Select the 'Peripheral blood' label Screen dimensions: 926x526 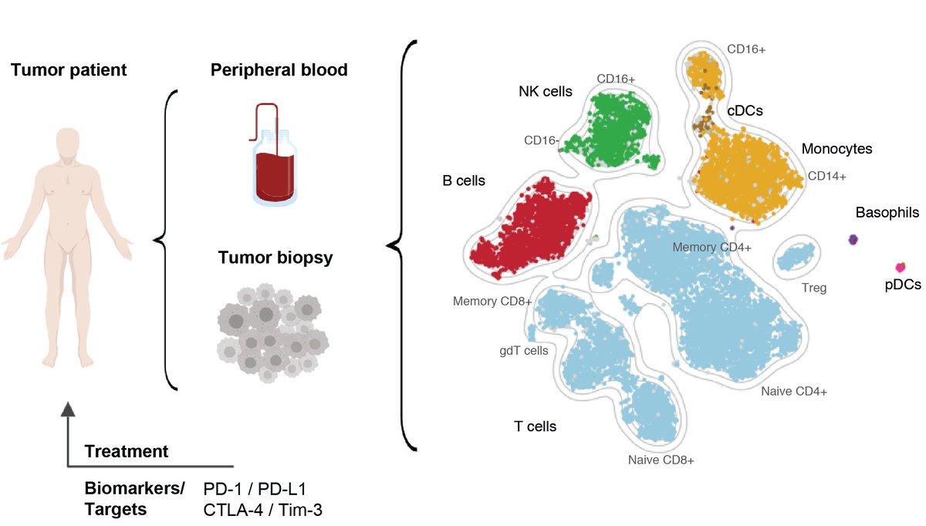[x=279, y=70]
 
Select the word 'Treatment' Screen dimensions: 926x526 [x=127, y=451]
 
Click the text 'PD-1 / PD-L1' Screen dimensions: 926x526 [x=255, y=489]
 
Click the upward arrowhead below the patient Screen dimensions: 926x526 [x=69, y=410]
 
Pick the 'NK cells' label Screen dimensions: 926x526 [x=545, y=92]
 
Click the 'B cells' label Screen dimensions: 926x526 [x=464, y=181]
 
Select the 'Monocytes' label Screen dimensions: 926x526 [x=836, y=149]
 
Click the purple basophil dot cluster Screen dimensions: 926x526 [x=853, y=240]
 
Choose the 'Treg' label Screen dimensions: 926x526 [x=813, y=288]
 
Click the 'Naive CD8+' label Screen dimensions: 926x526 [x=661, y=460]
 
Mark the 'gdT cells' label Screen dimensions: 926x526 [x=524, y=351]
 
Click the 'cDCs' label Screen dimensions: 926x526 [x=745, y=110]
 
